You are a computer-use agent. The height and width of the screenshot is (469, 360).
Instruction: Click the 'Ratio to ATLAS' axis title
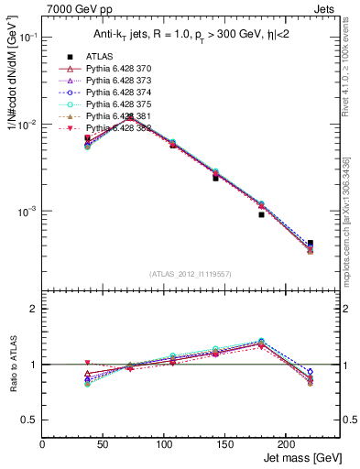(x=13, y=366)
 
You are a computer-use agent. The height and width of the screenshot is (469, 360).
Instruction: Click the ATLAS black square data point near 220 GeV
(x=310, y=243)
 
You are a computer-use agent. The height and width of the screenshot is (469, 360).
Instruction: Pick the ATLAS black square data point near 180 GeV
(x=261, y=214)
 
